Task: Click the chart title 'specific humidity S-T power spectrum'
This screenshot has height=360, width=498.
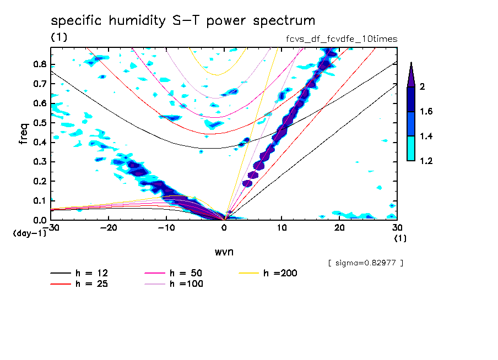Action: coord(183,21)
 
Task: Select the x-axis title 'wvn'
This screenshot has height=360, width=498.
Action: coord(224,252)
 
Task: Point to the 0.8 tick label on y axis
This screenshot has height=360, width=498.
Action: coord(39,64)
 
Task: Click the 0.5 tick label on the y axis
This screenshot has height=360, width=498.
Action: coord(39,123)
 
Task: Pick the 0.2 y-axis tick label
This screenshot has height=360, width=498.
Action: coord(39,182)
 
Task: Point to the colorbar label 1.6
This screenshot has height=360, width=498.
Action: coord(425,112)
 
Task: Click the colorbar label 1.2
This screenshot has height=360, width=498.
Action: coord(425,161)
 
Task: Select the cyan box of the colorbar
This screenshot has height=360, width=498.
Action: coord(410,149)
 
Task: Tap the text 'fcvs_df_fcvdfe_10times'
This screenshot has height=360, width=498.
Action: coord(338,39)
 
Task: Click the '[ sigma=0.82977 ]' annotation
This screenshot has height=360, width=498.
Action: coord(365,263)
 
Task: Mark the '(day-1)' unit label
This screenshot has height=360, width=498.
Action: coord(29,233)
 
